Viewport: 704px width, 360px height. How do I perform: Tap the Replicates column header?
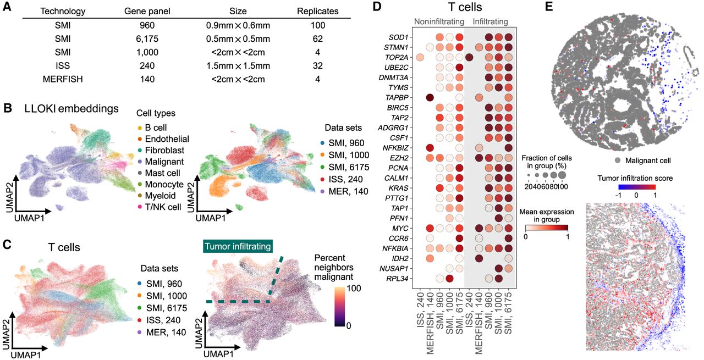coord(317,10)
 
